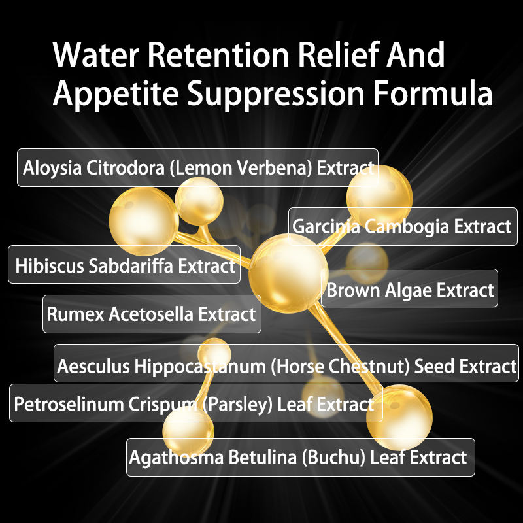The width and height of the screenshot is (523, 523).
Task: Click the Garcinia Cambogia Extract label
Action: pos(402,227)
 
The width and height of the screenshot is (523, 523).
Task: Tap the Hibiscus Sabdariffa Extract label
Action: pos(124,265)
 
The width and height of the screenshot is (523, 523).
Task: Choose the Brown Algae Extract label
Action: pos(410,289)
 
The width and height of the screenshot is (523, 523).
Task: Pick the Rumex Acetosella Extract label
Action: pos(151,314)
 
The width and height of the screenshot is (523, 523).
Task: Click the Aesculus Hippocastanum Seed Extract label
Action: pos(286,366)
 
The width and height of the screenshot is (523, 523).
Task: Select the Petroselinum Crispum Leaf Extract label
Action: pos(193,403)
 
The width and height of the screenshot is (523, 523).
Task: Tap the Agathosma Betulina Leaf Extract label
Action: pos(299,456)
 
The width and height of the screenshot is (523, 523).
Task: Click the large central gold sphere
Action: pos(288,272)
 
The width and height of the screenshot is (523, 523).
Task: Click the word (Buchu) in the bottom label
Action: pos(333,456)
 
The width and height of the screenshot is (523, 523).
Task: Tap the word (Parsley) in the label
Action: pos(237,403)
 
